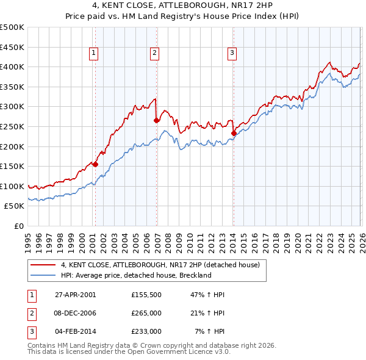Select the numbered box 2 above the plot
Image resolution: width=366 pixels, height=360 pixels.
pos(155,54)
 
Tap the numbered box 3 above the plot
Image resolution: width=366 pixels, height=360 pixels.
pos(232,54)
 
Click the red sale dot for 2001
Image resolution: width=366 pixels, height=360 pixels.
pos(96,164)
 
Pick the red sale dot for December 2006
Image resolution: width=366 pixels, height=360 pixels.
pos(156,120)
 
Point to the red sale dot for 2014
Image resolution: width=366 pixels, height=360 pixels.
pos(234,133)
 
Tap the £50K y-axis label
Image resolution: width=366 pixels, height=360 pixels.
pos(15,206)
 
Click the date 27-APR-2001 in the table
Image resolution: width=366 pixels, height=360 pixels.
pos(75,295)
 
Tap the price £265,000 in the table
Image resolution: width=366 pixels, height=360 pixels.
pos(146,313)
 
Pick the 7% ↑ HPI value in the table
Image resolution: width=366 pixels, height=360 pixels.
pos(209,331)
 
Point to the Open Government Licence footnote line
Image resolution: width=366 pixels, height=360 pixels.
pos(129,352)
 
